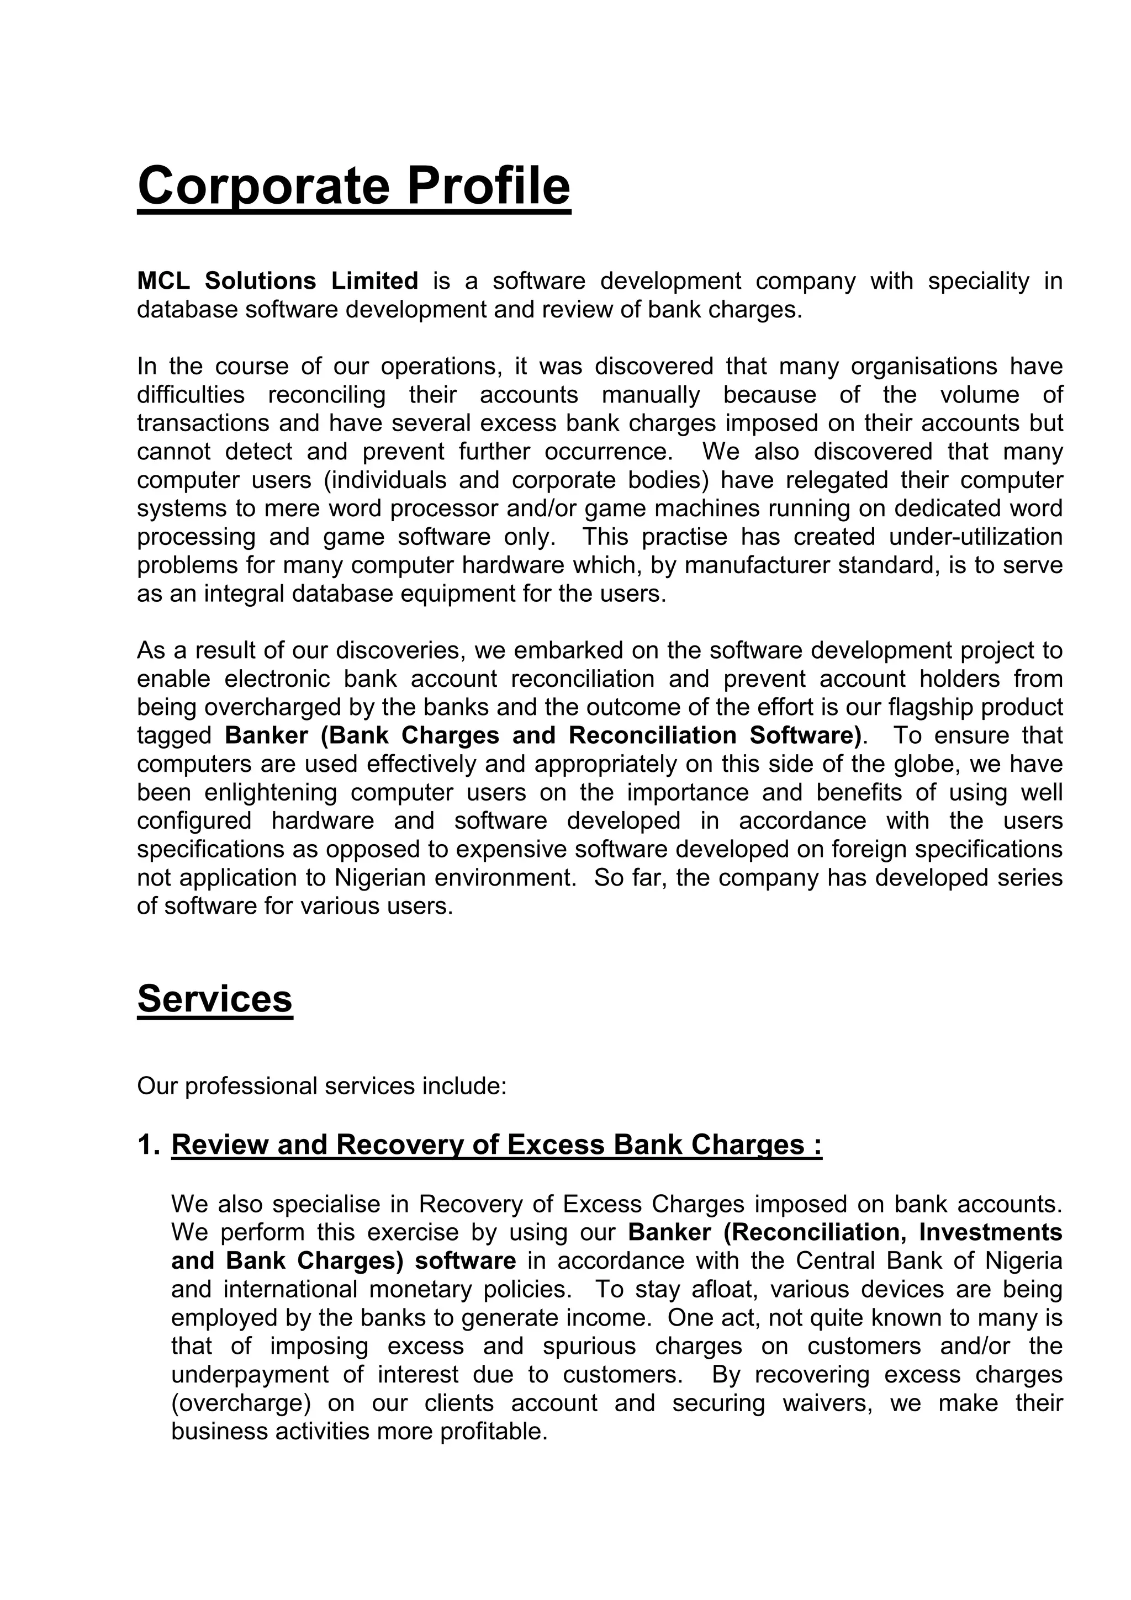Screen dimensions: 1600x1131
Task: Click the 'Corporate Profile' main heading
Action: pyautogui.click(x=353, y=186)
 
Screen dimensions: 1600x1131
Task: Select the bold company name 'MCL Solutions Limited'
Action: pyautogui.click(x=277, y=281)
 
